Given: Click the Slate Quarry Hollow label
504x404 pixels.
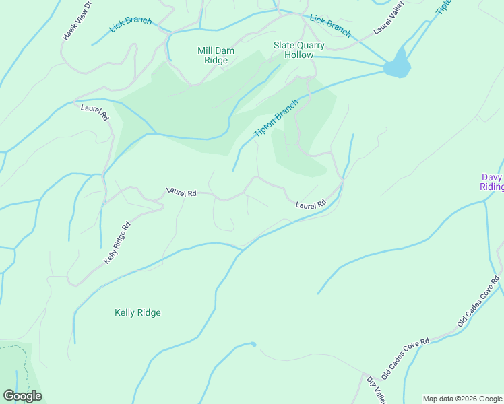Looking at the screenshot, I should [x=298, y=50].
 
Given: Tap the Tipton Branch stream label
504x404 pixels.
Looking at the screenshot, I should [x=276, y=119].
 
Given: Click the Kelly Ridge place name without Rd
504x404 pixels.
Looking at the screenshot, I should [x=137, y=312].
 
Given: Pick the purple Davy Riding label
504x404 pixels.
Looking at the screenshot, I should [x=491, y=182].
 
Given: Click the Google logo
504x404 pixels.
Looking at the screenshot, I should [x=22, y=396].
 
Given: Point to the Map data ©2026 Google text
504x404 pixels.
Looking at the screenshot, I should [x=462, y=399].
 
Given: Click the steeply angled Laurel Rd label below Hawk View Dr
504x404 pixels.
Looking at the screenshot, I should [x=95, y=112].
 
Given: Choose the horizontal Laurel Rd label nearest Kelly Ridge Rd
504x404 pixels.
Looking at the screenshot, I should [x=181, y=193].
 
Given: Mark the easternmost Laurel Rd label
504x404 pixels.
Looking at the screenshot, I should [x=311, y=203].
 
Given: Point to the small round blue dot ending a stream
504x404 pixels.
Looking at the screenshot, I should [x=253, y=344].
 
